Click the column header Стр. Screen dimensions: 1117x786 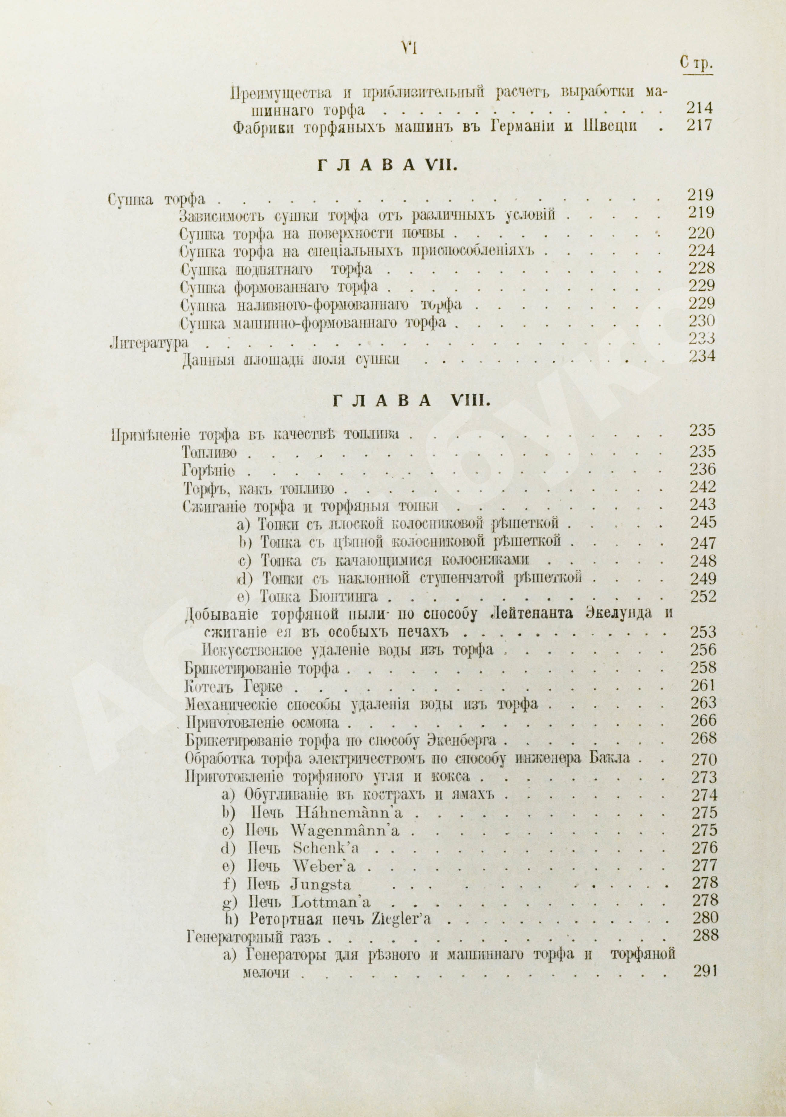coord(697,64)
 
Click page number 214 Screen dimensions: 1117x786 coord(699,107)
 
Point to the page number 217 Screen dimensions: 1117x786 coord(699,126)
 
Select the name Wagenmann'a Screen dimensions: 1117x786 coord(346,830)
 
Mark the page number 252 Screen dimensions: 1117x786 coord(703,596)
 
